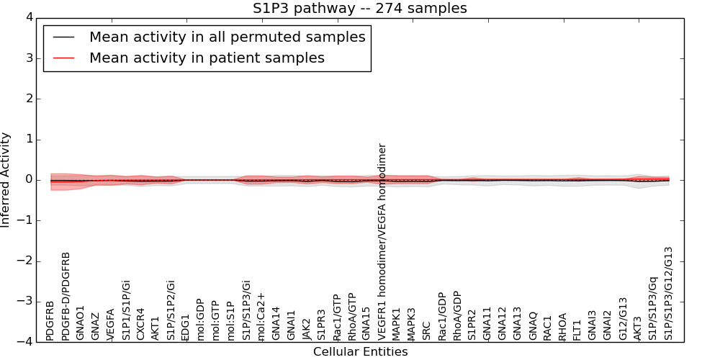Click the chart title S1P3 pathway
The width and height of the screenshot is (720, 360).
(x=359, y=9)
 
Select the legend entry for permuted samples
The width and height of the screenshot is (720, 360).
(x=227, y=37)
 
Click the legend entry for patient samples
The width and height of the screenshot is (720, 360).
(x=207, y=58)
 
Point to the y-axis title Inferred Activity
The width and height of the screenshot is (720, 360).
(x=6, y=180)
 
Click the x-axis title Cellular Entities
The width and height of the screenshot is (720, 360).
(x=360, y=352)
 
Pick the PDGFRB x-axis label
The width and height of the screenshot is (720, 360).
(x=50, y=320)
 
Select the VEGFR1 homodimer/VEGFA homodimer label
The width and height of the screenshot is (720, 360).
(x=382, y=241)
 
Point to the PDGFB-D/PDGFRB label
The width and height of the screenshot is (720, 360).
(x=66, y=296)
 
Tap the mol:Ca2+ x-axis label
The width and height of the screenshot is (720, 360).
(x=261, y=316)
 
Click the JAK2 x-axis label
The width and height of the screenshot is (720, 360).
(x=307, y=328)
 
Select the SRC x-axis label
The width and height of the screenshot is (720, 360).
(x=427, y=330)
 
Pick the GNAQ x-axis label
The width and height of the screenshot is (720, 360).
(x=533, y=325)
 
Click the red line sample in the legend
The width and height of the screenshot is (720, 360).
(x=63, y=58)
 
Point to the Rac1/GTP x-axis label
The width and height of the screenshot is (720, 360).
(x=337, y=317)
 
